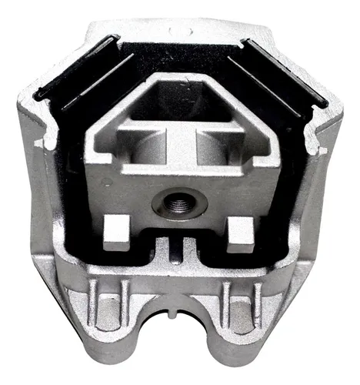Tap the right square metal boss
pos(239,229)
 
